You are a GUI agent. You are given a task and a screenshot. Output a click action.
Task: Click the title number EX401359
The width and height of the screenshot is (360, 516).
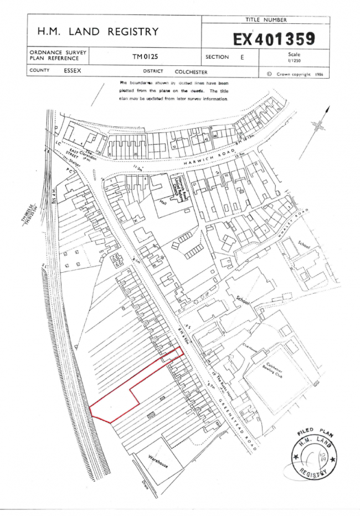tap(274, 39)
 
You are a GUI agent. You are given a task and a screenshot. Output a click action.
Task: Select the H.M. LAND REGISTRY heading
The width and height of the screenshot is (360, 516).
tap(97, 32)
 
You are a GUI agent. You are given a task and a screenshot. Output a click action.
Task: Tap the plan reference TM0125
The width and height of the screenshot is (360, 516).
tap(145, 57)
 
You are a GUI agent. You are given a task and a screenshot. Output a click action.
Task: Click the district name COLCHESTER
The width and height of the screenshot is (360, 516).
tap(191, 71)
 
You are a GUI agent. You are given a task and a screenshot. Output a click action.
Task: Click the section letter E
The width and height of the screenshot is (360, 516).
tap(242, 57)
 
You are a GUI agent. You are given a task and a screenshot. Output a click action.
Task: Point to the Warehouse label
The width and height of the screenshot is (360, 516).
tap(158, 460)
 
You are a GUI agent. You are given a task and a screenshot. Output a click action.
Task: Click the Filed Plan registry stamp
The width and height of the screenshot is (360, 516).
tap(312, 453)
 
